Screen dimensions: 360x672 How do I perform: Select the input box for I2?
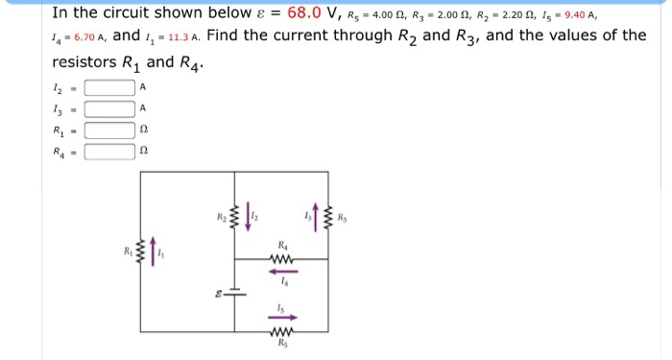[x=109, y=87]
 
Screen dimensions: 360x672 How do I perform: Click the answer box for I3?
[x=109, y=108]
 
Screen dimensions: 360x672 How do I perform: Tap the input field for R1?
[x=109, y=130]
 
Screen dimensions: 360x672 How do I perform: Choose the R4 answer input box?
[x=109, y=151]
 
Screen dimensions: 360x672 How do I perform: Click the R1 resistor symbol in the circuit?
[x=142, y=254]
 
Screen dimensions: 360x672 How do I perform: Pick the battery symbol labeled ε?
[x=236, y=295]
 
